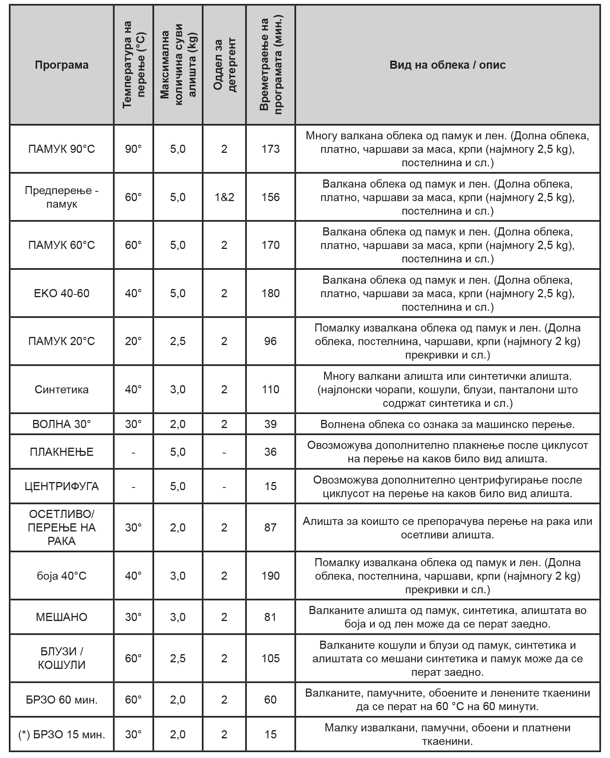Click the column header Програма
61,65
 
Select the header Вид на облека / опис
447,65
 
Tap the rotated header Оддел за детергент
224,65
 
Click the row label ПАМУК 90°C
61,149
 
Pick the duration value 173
270,149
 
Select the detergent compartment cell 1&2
224,197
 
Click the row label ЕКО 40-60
61,293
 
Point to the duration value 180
270,293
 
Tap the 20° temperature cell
133,341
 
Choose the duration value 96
270,341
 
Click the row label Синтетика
61,389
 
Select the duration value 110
270,389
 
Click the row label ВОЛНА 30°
61,424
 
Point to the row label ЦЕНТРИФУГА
61,486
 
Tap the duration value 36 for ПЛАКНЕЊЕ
270,452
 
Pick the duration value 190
270,576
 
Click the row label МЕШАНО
61,617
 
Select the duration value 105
270,658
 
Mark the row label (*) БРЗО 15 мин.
61,734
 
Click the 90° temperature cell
133,149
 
